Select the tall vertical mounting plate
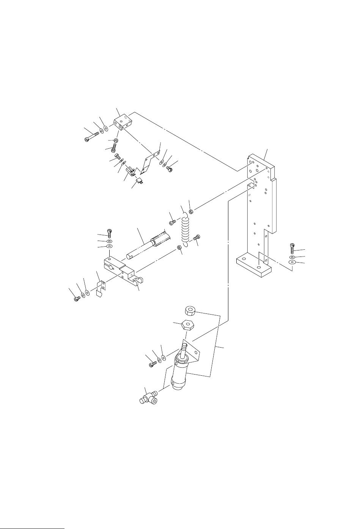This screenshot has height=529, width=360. coord(262,197)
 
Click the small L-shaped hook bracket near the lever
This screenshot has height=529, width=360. coord(101,288)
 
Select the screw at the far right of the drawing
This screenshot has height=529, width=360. coord(292,248)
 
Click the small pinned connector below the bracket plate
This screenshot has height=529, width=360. coord(139,181)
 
